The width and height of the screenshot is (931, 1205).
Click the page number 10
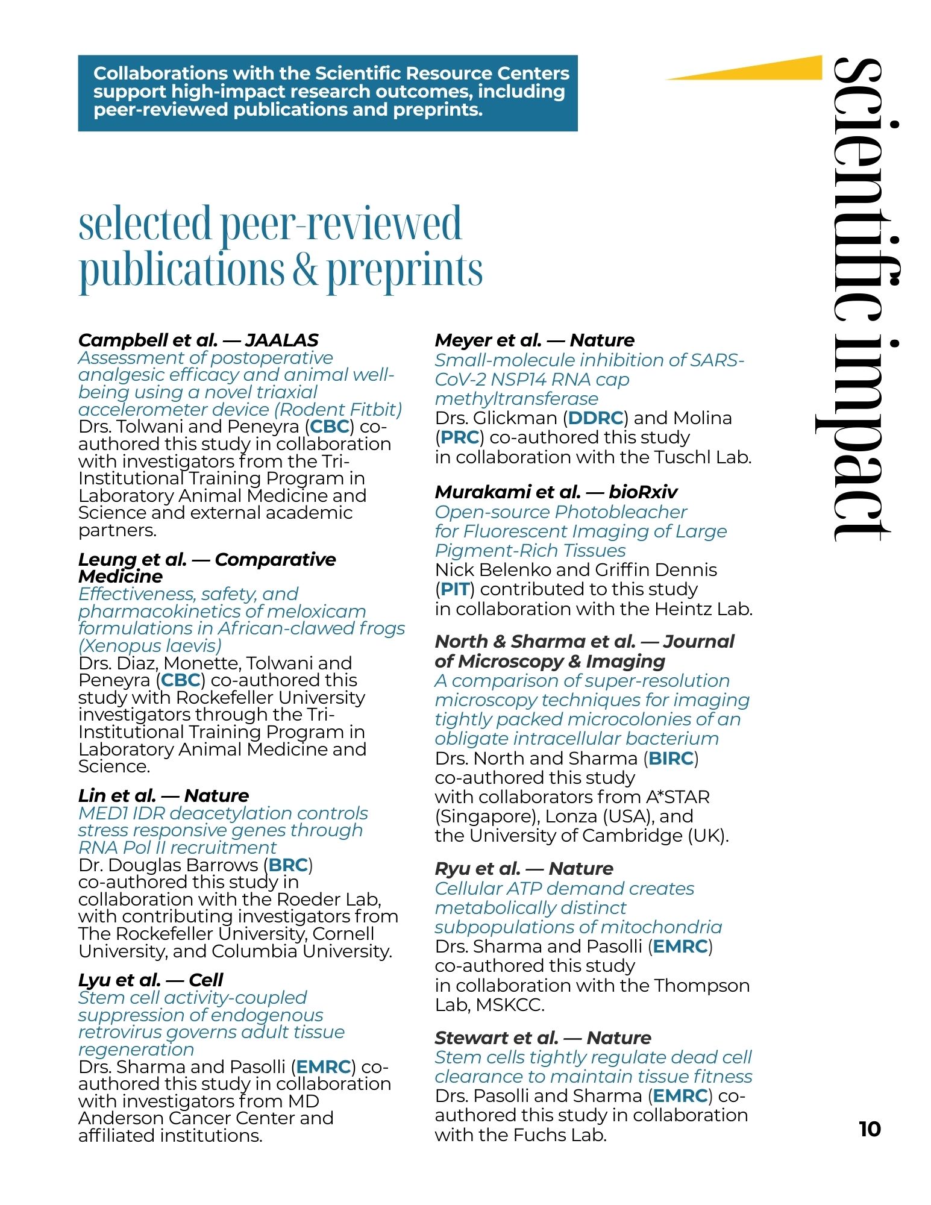tap(870, 1129)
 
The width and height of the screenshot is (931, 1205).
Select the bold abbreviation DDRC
tap(595, 418)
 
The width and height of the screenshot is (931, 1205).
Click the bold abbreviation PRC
tap(460, 437)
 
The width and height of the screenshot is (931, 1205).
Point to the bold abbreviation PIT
tap(454, 589)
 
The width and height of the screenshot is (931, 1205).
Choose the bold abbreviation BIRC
tap(671, 759)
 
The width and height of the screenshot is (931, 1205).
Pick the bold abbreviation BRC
tap(288, 865)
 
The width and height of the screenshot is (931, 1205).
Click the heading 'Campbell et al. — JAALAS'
tap(198, 340)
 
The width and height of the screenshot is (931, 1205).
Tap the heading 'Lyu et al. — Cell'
tap(151, 980)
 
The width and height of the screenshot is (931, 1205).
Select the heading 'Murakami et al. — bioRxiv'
tap(556, 492)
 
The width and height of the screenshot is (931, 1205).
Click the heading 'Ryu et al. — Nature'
tap(524, 869)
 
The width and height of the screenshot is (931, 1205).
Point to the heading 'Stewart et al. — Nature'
tap(542, 1038)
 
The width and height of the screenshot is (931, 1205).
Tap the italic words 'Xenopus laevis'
tap(151, 646)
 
